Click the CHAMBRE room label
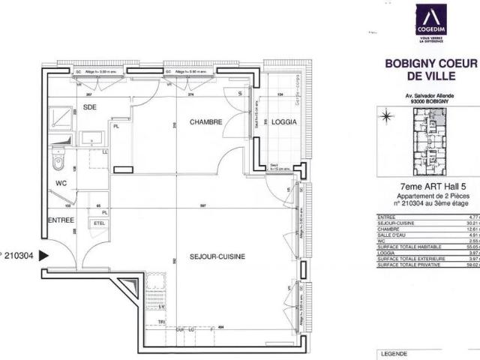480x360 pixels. tap(205, 122)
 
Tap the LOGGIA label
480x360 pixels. tap(285, 122)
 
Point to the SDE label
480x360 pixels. tap(90, 107)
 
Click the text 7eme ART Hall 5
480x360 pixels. tap(424, 188)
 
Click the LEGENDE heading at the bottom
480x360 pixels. tap(394, 352)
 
